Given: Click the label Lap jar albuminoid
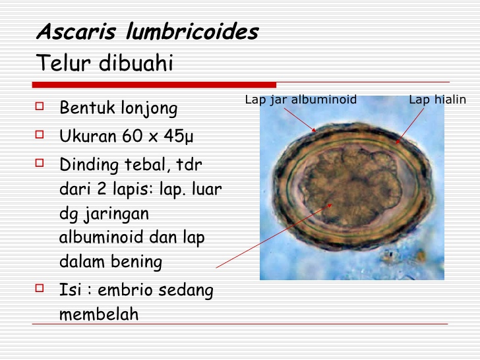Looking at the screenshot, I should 301,100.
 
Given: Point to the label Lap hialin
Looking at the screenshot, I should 437,100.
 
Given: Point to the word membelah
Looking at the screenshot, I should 99,314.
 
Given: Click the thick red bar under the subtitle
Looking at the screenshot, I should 154,84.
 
